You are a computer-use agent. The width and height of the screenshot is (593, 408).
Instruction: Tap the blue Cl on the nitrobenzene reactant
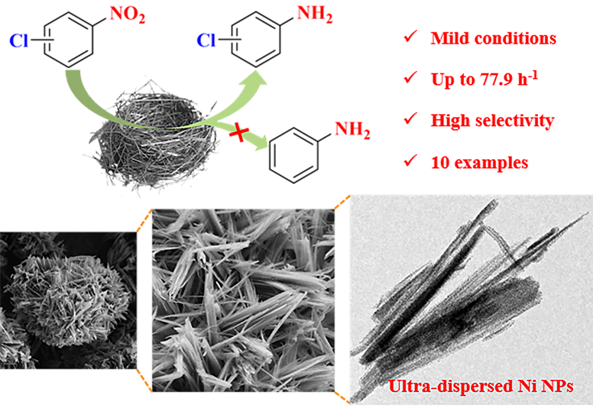point(19,40)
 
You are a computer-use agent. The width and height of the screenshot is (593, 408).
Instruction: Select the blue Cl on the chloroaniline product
point(206,40)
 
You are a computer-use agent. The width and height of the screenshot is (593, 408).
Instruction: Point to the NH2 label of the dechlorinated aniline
point(352,130)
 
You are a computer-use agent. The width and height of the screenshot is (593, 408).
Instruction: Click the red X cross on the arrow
point(239,134)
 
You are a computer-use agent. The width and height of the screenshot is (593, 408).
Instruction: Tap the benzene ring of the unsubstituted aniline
point(294,155)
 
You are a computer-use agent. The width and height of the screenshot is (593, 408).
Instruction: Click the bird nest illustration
point(153,136)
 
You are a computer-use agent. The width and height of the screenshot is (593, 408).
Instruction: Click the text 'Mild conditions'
point(493,38)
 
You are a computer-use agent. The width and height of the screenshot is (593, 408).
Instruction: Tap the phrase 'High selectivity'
point(492,120)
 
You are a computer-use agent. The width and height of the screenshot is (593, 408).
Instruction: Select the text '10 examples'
point(480,162)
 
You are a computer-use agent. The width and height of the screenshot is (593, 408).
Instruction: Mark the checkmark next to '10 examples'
point(410,161)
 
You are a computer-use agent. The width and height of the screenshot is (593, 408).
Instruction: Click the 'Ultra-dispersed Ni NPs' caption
point(481,387)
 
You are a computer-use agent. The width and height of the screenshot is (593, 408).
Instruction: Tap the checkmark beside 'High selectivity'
point(410,119)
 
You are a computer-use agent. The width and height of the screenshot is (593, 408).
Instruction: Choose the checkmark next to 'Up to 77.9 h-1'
point(410,78)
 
